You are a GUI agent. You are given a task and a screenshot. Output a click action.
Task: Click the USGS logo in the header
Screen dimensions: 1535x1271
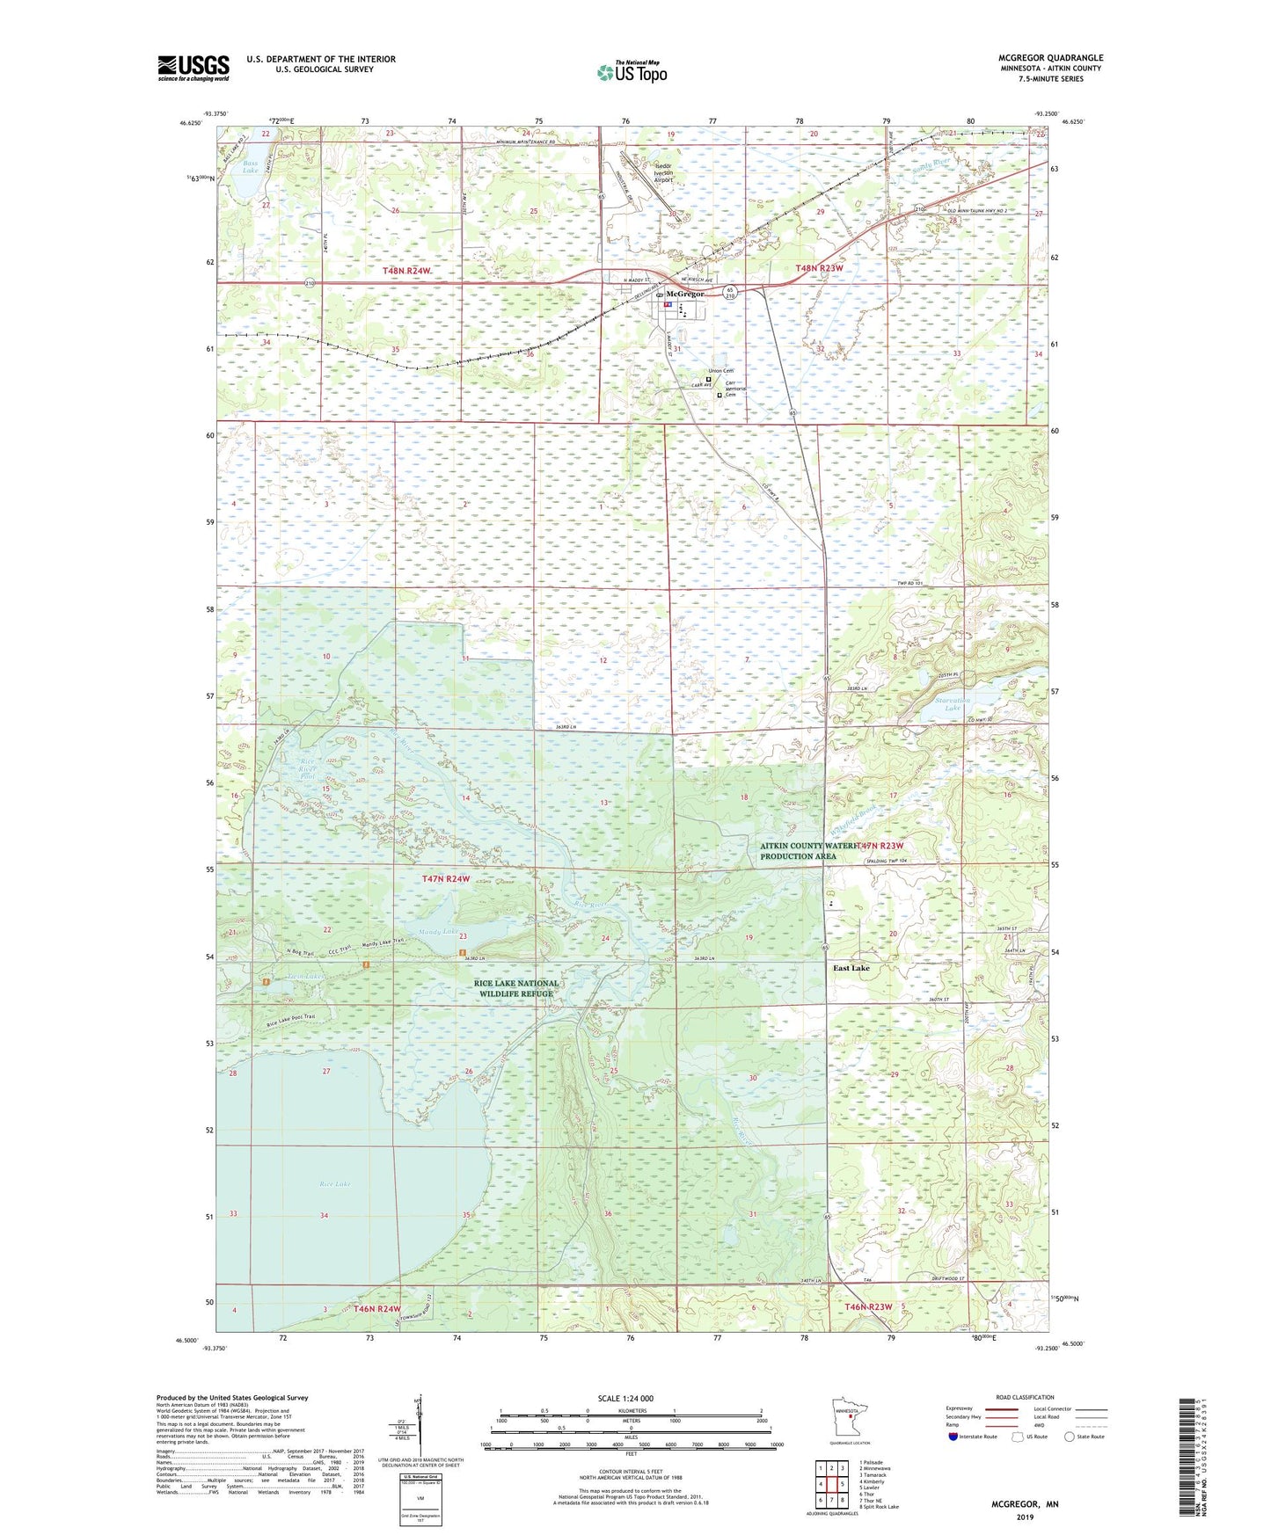coord(194,68)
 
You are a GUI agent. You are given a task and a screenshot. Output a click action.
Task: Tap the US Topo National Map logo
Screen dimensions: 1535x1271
coord(632,72)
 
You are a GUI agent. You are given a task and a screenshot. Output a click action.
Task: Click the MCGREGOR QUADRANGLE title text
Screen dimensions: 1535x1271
coord(1050,58)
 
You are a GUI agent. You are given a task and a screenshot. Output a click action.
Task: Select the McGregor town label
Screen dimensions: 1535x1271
coord(685,294)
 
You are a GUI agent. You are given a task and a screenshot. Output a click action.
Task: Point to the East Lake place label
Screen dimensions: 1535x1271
coord(851,968)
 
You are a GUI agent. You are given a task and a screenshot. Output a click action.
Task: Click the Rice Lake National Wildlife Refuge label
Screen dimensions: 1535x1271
coord(516,988)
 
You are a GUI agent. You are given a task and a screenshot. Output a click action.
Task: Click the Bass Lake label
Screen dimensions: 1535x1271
coord(251,167)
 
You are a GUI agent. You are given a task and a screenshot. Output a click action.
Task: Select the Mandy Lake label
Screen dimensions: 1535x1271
coord(437,931)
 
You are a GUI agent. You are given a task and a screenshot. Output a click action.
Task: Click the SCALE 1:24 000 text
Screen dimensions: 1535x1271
coord(625,1398)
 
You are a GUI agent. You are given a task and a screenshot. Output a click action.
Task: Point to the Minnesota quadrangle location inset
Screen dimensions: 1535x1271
coord(848,1419)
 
